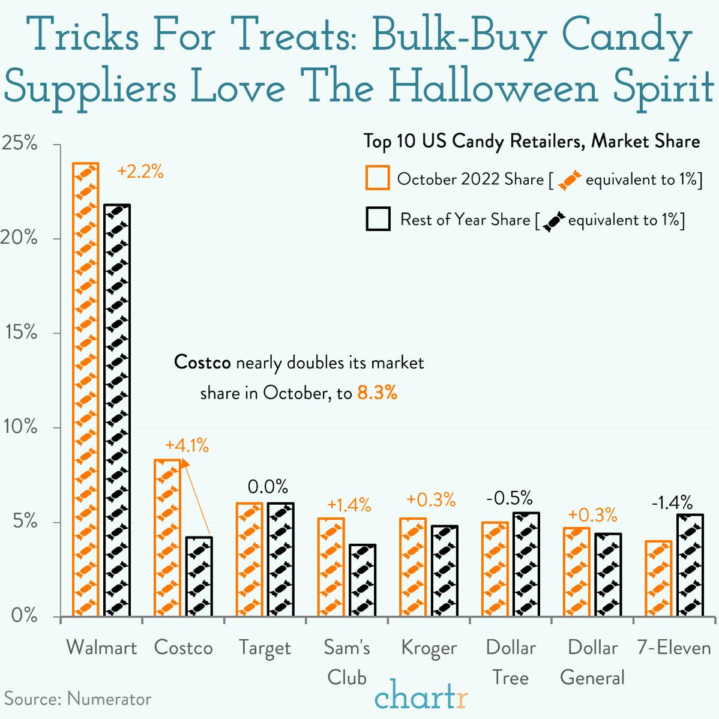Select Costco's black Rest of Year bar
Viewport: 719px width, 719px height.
point(199,576)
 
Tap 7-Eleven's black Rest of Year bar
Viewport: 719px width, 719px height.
point(690,565)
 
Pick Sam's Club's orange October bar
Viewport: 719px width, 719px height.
point(331,567)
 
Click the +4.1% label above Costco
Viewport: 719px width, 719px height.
point(187,445)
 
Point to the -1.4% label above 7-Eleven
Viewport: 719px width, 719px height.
point(672,502)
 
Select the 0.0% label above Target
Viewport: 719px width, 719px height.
point(268,486)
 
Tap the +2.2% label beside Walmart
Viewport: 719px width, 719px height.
point(140,172)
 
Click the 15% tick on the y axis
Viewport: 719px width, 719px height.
point(22,332)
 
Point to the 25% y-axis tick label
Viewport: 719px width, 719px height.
point(20,144)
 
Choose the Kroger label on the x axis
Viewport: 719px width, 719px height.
point(429,648)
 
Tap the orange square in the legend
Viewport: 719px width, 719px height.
point(378,178)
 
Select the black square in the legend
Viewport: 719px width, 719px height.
point(378,220)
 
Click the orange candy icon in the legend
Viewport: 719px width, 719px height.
point(570,179)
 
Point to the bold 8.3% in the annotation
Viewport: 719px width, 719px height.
point(377,393)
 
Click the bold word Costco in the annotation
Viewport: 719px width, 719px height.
point(202,363)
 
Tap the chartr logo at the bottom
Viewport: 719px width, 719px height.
point(421,696)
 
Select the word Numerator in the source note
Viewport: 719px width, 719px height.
point(109,699)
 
